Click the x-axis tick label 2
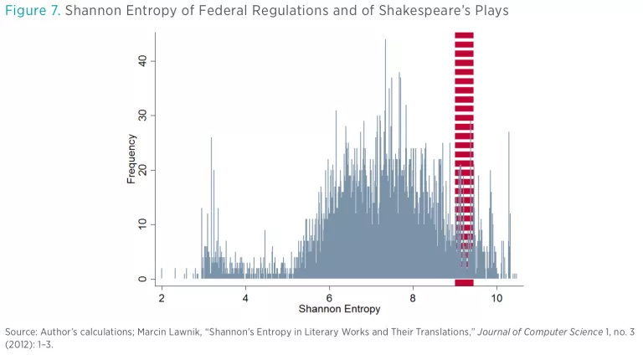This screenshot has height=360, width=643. (161, 297)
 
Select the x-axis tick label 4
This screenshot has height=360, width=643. (245, 297)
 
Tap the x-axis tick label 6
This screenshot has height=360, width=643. (330, 297)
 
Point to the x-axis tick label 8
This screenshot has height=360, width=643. (414, 297)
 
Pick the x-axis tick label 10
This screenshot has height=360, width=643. (497, 297)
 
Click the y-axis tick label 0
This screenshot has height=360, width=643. (142, 279)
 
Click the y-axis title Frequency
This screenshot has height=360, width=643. (131, 159)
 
